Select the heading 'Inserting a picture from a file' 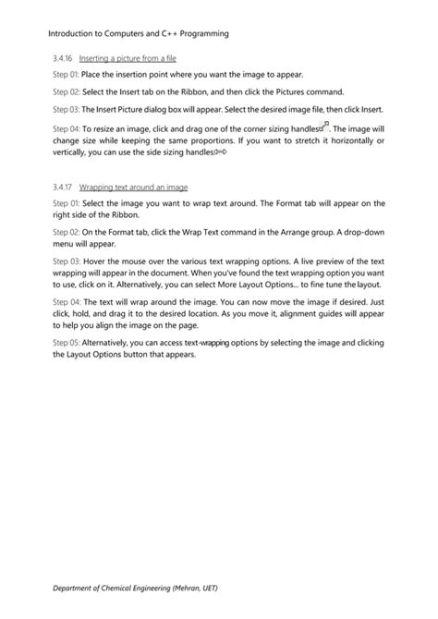tap(128, 57)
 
